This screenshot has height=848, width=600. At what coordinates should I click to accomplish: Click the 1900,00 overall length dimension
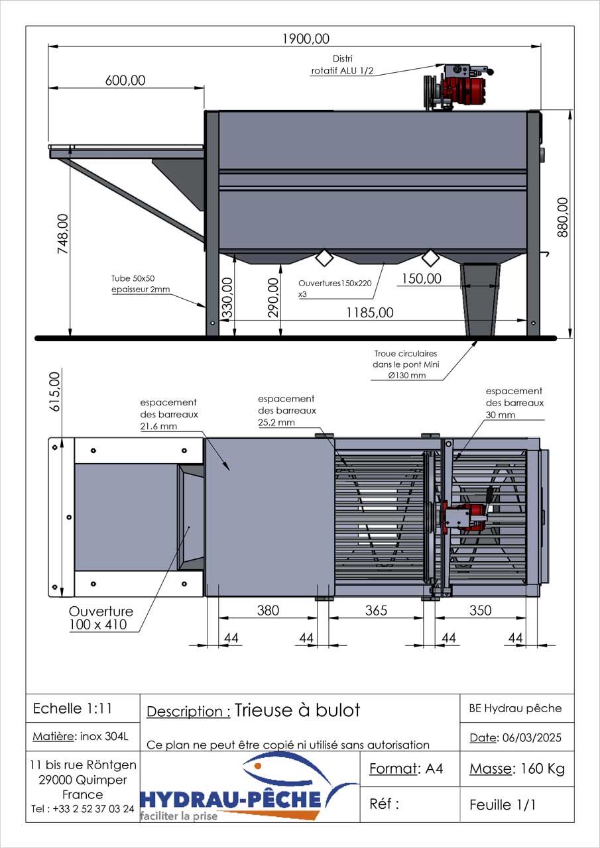(x=306, y=38)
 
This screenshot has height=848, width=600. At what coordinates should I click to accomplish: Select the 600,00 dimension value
(x=125, y=80)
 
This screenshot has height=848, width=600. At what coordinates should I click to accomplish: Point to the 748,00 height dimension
(x=63, y=234)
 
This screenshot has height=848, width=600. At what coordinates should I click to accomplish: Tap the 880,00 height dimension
(x=562, y=217)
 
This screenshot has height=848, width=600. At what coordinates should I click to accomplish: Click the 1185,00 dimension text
(x=370, y=313)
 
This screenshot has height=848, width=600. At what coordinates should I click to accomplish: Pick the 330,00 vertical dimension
(x=227, y=297)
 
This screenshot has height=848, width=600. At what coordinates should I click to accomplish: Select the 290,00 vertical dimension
(x=273, y=297)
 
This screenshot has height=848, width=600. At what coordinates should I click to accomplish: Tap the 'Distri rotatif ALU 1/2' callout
(x=342, y=65)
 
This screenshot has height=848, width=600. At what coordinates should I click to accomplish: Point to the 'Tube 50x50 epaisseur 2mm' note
(x=140, y=284)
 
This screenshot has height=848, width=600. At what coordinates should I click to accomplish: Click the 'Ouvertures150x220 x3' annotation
(x=335, y=288)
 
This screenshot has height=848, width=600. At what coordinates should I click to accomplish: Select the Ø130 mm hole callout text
(x=406, y=364)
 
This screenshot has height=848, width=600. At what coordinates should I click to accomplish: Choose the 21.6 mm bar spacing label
(x=169, y=414)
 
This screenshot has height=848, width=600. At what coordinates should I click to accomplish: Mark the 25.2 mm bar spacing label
(x=287, y=410)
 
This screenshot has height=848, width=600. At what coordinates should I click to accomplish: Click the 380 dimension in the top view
(x=268, y=610)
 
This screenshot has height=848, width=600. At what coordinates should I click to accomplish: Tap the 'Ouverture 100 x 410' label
(x=101, y=618)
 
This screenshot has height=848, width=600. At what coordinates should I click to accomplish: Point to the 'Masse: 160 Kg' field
(x=517, y=769)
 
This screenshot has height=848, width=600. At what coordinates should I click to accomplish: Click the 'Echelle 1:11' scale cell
(x=72, y=708)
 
